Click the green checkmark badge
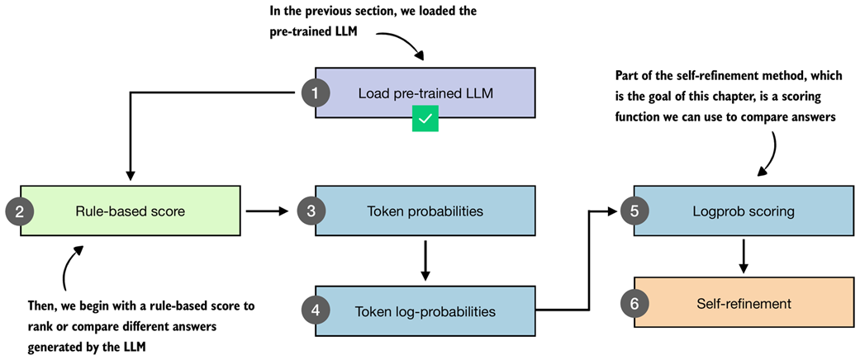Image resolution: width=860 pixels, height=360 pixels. point(425,120)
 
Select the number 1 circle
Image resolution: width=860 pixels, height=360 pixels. point(314,93)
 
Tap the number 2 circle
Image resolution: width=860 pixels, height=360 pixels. point(19,211)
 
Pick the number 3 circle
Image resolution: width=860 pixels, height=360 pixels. point(311,211)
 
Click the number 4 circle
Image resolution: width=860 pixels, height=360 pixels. point(316,311)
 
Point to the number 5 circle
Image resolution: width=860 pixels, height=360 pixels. point(634,211)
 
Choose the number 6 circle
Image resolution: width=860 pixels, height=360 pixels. point(634,304)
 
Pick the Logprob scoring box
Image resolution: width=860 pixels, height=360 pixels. point(744,211)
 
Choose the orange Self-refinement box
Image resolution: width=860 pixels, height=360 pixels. point(744,304)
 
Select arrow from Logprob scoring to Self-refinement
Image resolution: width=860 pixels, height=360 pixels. point(744,257)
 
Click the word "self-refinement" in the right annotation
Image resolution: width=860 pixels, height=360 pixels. point(715,76)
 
